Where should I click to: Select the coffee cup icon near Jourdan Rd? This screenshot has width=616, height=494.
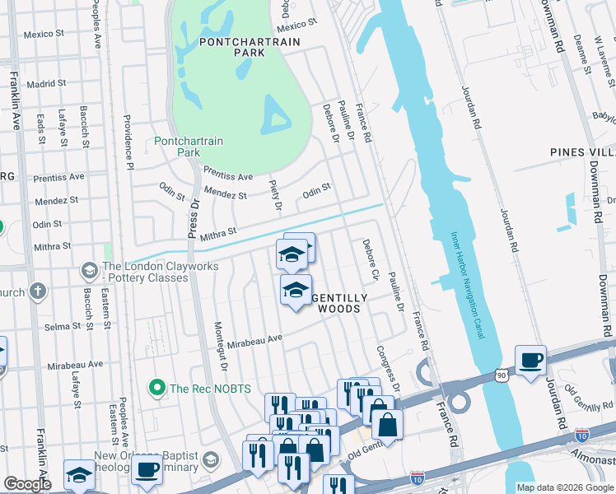530,360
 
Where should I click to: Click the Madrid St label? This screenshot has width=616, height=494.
46,84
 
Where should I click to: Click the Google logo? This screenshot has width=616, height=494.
27,484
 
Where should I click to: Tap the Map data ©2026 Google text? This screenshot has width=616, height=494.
564,487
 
